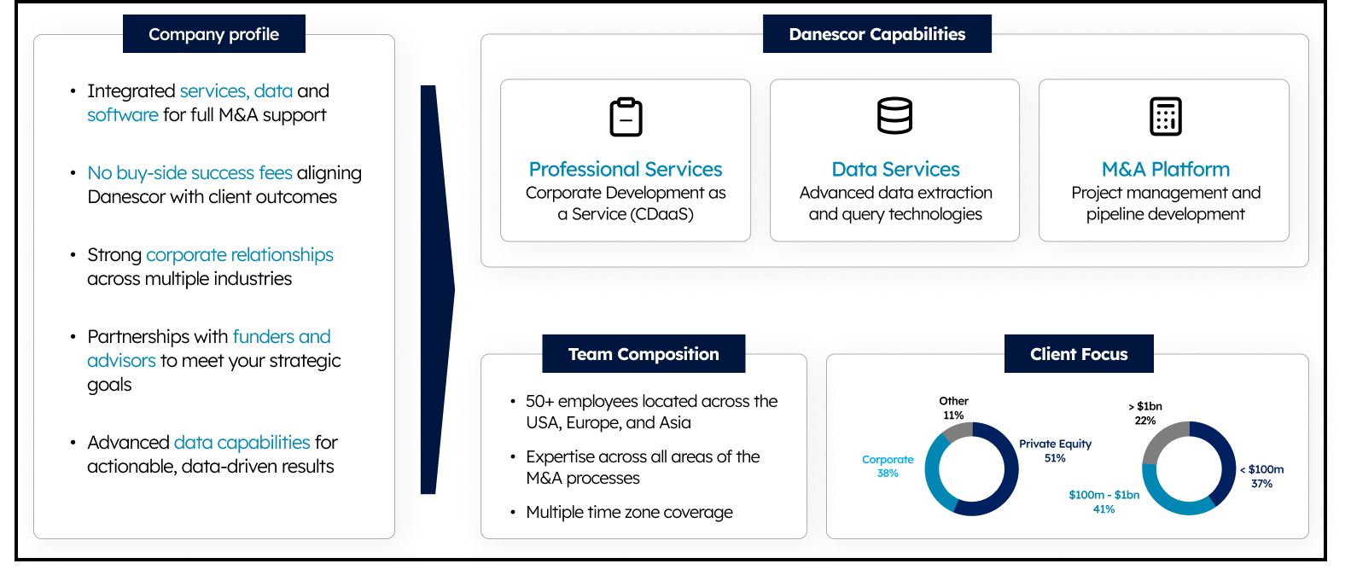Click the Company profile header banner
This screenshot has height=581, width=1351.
coord(214,34)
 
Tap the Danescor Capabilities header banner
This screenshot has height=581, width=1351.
coord(877,34)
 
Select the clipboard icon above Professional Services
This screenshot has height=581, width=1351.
coord(626,116)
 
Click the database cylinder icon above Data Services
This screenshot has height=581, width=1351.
coord(894,115)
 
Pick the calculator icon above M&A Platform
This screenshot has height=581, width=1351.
coord(1165,116)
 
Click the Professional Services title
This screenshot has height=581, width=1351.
coord(626,170)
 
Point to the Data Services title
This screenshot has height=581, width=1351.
coord(895,170)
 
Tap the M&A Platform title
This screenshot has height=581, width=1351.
coord(1165,170)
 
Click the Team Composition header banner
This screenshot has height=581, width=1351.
coord(643,354)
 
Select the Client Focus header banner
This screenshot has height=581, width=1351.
coord(1079,354)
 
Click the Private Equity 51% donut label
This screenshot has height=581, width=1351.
coord(1056,450)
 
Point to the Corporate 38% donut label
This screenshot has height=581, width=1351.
coord(888,466)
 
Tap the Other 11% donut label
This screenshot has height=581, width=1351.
coord(953,408)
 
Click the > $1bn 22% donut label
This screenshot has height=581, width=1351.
coord(1145,414)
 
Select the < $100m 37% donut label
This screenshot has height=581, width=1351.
coord(1261,476)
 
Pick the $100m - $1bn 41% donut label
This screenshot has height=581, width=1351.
coord(1104,502)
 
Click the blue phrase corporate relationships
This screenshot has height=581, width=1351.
coord(240,255)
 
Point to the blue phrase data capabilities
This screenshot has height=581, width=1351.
coord(242,443)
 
